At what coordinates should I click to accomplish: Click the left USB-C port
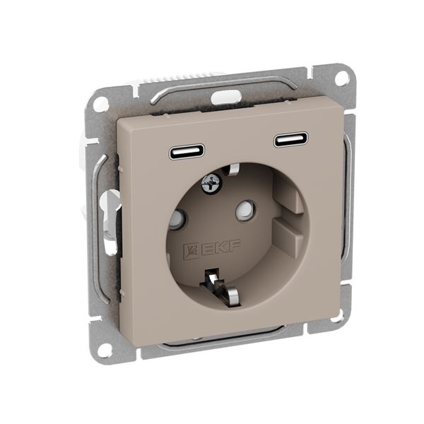coord(187,152)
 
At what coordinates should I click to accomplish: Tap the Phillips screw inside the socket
coord(212,184)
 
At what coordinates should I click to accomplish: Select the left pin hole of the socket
coord(177,218)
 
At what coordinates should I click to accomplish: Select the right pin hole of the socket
coord(245,208)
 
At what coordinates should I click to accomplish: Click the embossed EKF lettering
coord(221,247)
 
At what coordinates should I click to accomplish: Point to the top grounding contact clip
coord(232,169)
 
